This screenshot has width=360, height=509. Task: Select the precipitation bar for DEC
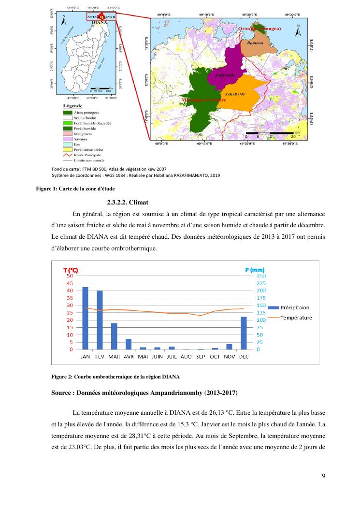click(244, 333)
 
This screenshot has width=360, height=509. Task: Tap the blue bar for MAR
click(114, 336)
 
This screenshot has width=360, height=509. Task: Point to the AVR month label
click(128, 357)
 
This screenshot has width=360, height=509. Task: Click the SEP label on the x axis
click(200, 357)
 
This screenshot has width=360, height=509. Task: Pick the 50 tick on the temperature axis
click(70, 276)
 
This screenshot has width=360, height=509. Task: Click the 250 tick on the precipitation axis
click(260, 276)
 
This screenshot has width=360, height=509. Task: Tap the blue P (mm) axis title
click(255, 269)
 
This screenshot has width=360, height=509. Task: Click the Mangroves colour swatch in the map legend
click(65, 133)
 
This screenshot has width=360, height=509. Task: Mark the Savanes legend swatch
click(65, 138)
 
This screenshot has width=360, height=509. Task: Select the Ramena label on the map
click(255, 43)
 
